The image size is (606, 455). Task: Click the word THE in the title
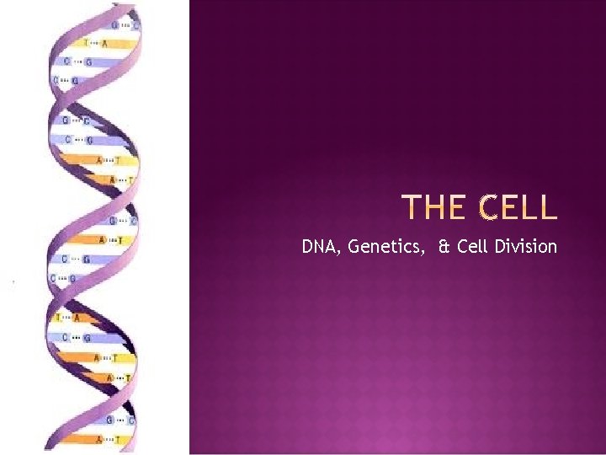(433, 207)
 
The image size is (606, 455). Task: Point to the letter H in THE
(433, 207)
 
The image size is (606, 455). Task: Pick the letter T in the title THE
(412, 207)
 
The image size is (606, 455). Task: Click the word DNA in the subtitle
(318, 247)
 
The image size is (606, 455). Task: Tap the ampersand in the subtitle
(443, 247)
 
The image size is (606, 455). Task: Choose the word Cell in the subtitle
(473, 247)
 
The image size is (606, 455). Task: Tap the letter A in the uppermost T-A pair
(105, 43)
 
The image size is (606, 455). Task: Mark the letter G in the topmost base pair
(114, 25)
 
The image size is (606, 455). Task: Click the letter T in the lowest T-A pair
(58, 318)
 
